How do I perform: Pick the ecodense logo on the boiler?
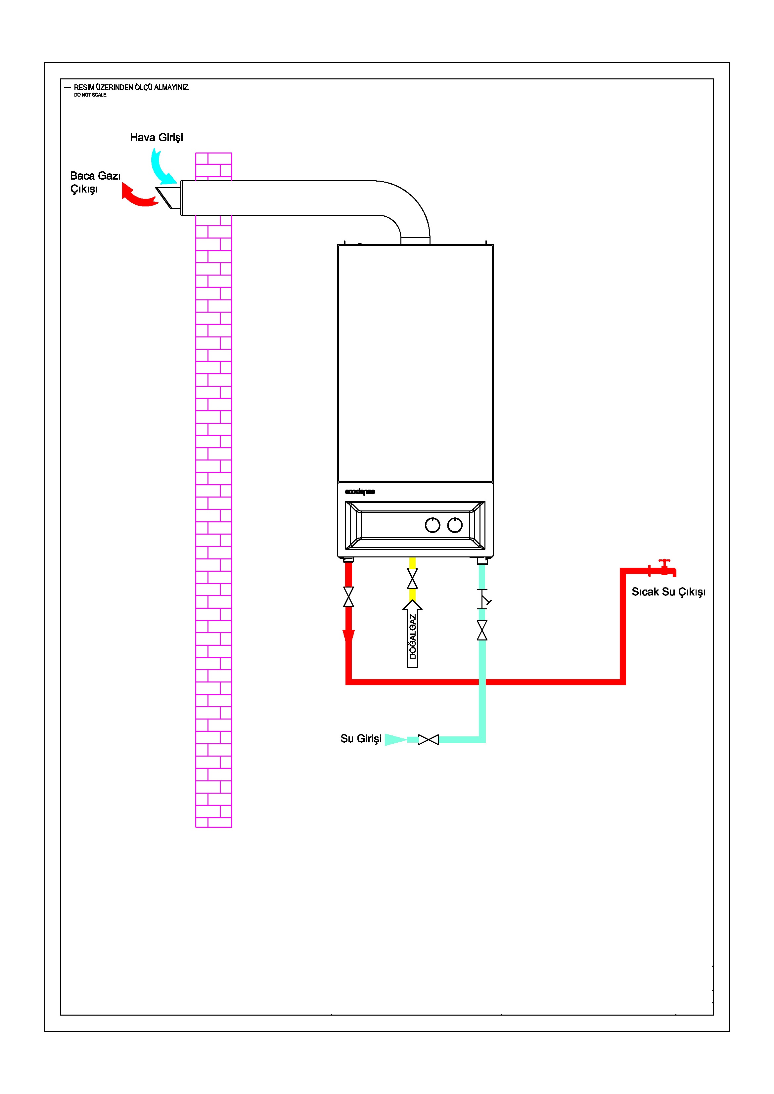tap(360, 492)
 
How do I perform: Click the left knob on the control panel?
tap(432, 525)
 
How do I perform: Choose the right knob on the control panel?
tap(455, 525)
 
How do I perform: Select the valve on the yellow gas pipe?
tap(412, 579)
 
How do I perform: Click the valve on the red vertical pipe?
tap(348, 596)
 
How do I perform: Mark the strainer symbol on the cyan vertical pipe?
tap(483, 599)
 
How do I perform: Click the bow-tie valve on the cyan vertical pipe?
tap(482, 630)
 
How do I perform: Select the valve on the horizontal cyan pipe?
tap(429, 739)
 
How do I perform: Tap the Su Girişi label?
tap(361, 739)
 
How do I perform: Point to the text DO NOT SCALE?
tap(91, 95)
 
